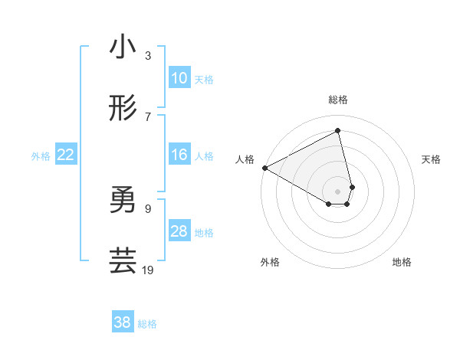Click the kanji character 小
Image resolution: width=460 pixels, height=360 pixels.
(123, 47)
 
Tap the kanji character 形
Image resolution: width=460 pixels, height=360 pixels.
(123, 109)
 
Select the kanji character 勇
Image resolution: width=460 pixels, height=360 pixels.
(123, 201)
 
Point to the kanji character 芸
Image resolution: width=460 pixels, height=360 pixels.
(123, 260)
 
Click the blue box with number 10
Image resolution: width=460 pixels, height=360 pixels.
(179, 78)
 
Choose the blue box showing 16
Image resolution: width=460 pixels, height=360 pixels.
(179, 155)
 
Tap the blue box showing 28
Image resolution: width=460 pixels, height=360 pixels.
(179, 231)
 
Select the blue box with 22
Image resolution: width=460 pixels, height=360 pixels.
(66, 155)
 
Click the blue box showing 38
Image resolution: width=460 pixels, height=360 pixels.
(123, 322)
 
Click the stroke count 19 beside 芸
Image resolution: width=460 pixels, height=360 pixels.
(149, 270)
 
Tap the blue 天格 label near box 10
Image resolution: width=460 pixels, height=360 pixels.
(204, 80)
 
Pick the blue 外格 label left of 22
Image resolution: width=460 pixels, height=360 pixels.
(41, 156)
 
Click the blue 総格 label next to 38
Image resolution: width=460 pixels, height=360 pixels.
(147, 324)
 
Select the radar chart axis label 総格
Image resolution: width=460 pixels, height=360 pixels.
(338, 100)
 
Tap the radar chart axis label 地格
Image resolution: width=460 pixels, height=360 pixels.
(402, 263)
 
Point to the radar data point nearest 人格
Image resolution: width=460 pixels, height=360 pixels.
(264, 168)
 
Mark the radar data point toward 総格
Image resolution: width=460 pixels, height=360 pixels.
(338, 131)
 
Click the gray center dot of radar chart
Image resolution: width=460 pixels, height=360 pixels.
(338, 191)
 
